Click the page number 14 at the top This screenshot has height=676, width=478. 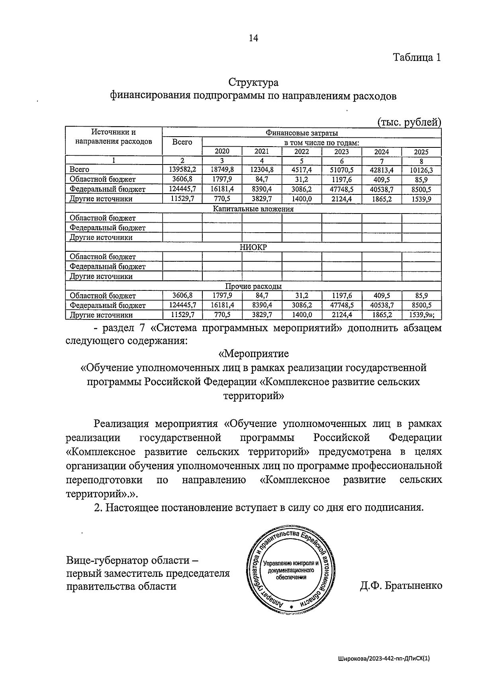(253, 38)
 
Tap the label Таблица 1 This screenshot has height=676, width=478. (417, 57)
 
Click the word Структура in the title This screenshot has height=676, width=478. (253, 83)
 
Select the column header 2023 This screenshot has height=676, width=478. (341, 152)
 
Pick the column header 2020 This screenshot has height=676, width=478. (222, 151)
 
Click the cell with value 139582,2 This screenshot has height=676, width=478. (182, 170)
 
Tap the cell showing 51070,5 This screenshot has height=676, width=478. (341, 170)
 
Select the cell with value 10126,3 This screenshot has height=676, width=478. (421, 170)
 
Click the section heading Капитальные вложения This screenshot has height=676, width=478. (253, 209)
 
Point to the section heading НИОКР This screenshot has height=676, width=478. (253, 247)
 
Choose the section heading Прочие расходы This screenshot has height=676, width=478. (253, 286)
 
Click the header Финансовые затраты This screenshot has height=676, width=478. (302, 133)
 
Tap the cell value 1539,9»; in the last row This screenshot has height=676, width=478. (422, 315)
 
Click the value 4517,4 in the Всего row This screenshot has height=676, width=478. (302, 170)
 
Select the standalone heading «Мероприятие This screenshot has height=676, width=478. (253, 353)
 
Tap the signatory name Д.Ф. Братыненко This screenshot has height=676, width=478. (401, 586)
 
